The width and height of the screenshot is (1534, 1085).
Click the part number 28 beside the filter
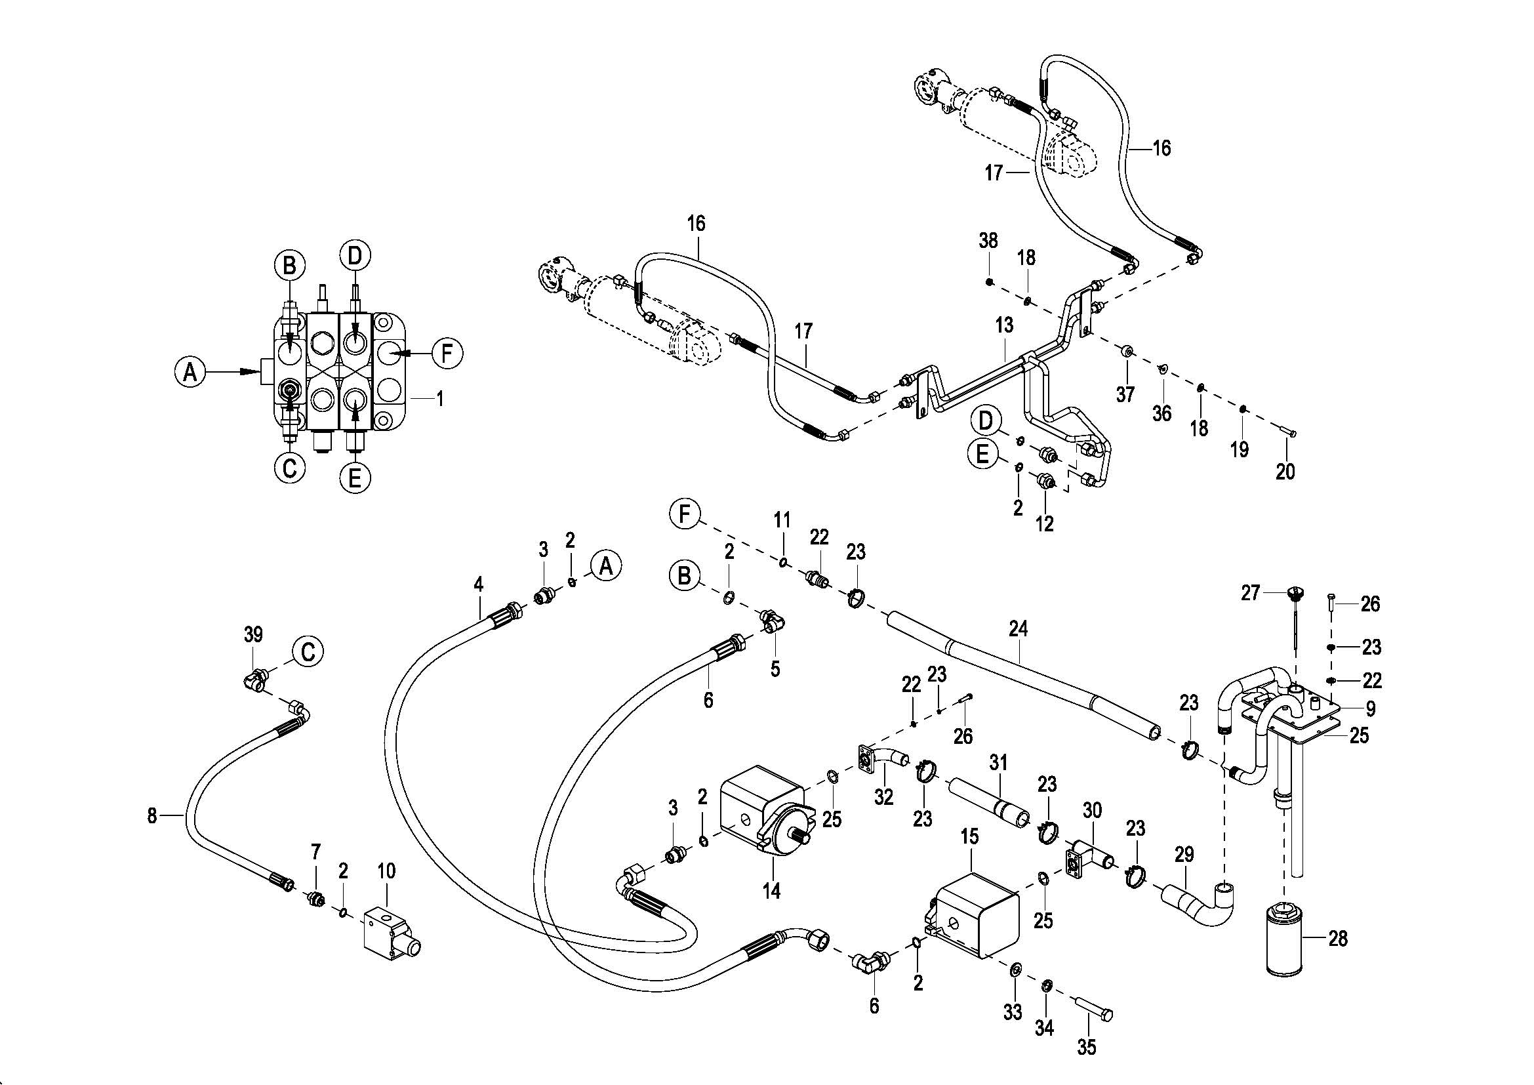click(x=1337, y=939)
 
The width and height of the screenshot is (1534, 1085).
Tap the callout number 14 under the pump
click(x=772, y=891)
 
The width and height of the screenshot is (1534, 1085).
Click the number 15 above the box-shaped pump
click(x=969, y=836)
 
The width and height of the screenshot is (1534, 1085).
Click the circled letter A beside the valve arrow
click(x=190, y=371)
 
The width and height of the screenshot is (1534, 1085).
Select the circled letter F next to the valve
click(x=447, y=353)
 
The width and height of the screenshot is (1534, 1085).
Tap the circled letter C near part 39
click(x=308, y=651)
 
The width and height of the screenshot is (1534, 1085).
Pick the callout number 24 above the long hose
click(x=1019, y=628)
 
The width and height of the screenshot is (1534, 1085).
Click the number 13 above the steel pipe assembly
click(x=1004, y=325)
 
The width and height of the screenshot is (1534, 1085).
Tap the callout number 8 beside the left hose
click(x=152, y=816)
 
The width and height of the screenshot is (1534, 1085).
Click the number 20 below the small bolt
click(x=1285, y=472)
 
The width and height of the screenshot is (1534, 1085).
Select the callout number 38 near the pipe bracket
click(x=988, y=241)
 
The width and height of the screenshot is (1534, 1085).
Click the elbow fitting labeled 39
click(x=253, y=681)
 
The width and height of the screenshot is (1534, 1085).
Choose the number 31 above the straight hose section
click(x=998, y=762)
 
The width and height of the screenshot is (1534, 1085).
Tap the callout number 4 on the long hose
click(x=477, y=584)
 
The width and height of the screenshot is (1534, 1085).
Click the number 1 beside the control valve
click(x=439, y=399)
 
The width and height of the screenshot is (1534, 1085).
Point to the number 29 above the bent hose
click(x=1184, y=854)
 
